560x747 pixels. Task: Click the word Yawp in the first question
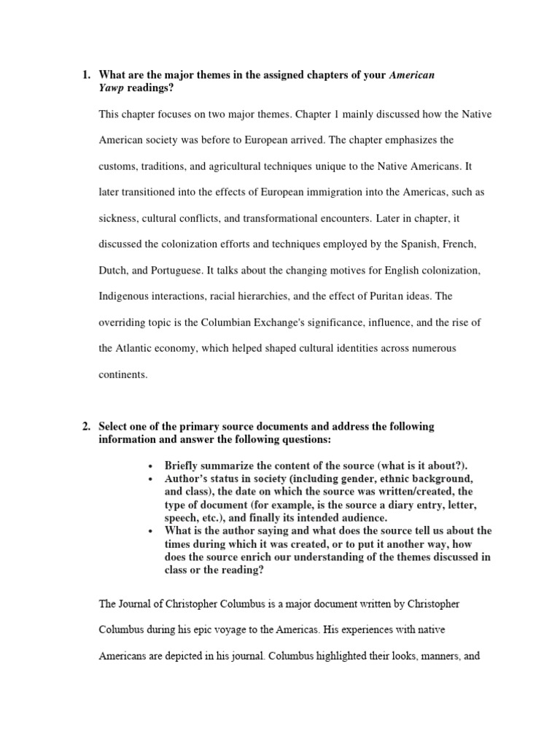click(112, 88)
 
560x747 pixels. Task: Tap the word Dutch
click(113, 271)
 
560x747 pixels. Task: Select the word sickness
click(118, 219)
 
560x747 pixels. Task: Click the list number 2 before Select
click(85, 427)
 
